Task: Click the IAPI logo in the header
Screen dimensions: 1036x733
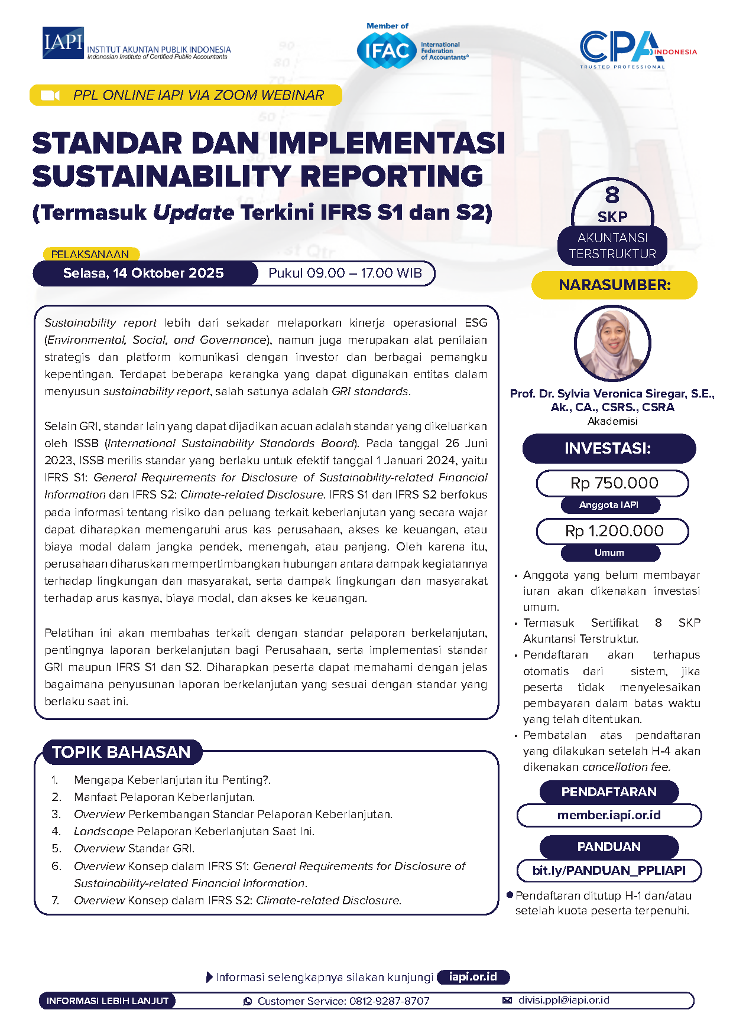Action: pyautogui.click(x=63, y=43)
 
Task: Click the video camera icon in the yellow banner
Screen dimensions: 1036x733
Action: pyautogui.click(x=50, y=96)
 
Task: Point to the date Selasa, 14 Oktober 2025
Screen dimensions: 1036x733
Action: pyautogui.click(x=144, y=273)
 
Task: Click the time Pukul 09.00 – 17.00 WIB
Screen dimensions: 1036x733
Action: pyautogui.click(x=345, y=273)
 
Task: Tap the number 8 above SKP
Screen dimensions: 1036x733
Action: pyautogui.click(x=612, y=196)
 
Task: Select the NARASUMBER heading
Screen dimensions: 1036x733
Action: pyautogui.click(x=615, y=285)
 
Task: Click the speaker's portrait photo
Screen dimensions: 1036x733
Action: pyautogui.click(x=612, y=343)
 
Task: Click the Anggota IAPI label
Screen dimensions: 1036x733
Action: pyautogui.click(x=609, y=505)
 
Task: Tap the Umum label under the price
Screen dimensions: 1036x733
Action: pyautogui.click(x=609, y=553)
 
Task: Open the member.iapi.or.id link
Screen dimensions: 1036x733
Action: pyautogui.click(x=609, y=815)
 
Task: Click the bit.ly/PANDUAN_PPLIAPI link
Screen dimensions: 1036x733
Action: pyautogui.click(x=609, y=870)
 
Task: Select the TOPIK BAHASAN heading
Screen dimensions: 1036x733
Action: pyautogui.click(x=122, y=752)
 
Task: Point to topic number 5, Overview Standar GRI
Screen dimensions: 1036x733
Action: pyautogui.click(x=134, y=849)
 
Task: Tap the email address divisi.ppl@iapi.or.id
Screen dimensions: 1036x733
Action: pyautogui.click(x=563, y=1000)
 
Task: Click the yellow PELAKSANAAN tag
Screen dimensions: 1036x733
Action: pyautogui.click(x=90, y=255)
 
